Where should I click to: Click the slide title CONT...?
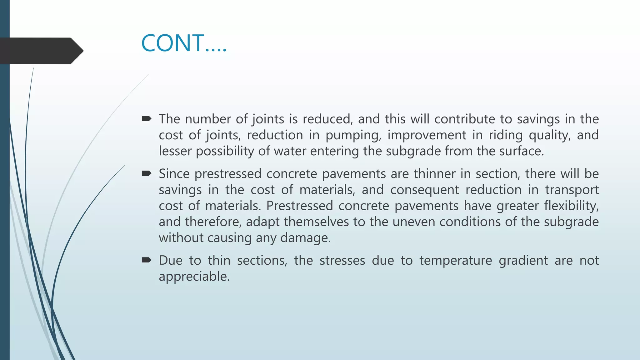184,43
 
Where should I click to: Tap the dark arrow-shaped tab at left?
41,51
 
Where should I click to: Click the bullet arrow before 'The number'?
146,118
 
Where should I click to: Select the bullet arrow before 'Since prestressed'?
146,173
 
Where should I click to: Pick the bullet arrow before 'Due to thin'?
146,260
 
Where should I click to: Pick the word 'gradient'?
523,261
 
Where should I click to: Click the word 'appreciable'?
193,277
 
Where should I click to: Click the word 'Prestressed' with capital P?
299,206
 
